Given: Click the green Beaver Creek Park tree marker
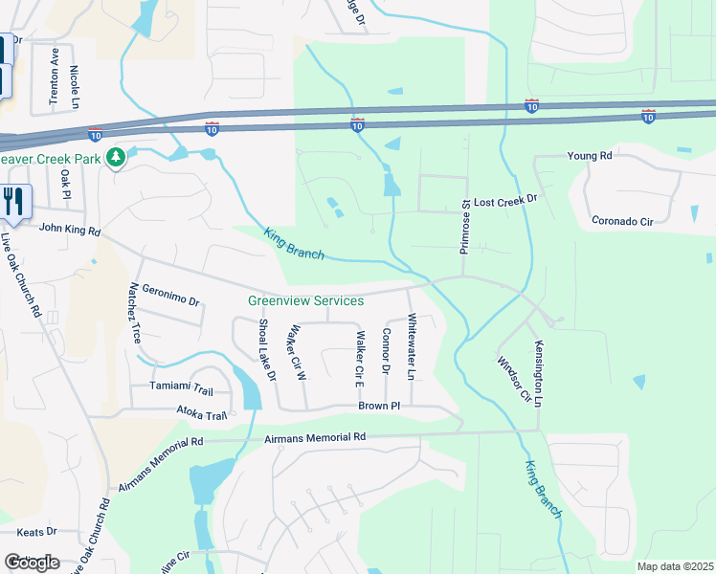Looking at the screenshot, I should pos(117,156).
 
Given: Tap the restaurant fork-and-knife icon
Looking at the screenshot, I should pos(13,200).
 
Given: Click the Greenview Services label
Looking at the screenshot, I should pos(305,300).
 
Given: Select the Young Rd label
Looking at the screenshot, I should pos(589,156).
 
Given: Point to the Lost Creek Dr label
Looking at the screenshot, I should pos(507,203).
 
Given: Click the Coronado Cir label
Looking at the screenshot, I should pos(621,221).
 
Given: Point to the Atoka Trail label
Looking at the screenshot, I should pos(201,415).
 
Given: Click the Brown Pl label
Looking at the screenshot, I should pos(378,407).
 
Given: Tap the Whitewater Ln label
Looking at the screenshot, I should pos(411,346).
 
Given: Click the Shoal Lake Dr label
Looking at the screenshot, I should pos(266,350).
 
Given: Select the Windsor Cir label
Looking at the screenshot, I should pos(512,380).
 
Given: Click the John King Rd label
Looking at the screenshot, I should pos(69,229).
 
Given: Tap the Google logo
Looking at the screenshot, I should pos(32,563).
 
